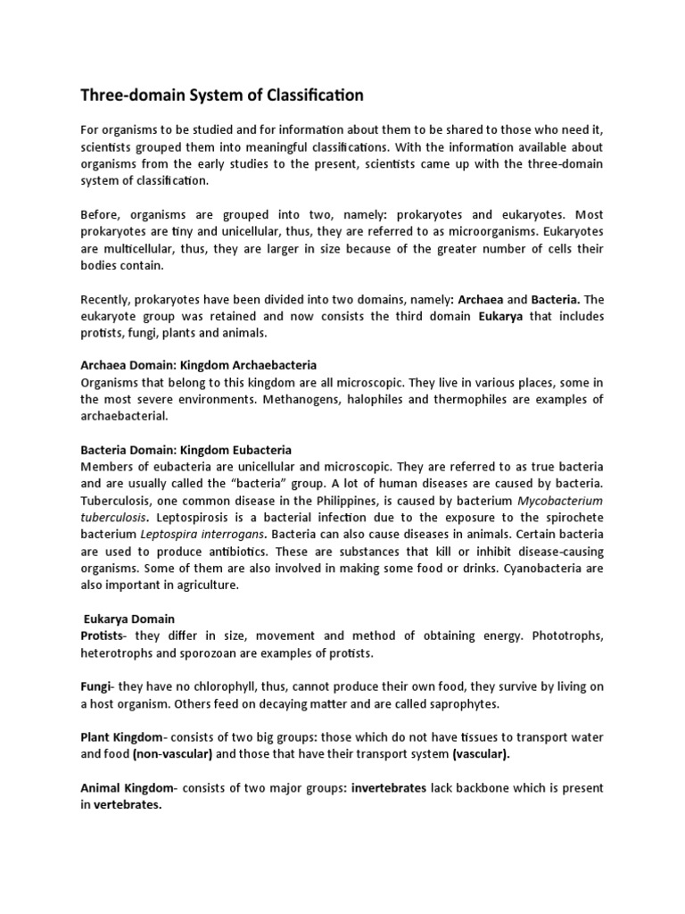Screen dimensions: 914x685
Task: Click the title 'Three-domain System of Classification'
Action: (222, 95)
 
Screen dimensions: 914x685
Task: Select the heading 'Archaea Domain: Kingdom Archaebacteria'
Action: (199, 365)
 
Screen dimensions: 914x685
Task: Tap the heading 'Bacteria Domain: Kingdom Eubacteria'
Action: (186, 450)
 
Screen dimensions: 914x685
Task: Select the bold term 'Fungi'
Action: (96, 686)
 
